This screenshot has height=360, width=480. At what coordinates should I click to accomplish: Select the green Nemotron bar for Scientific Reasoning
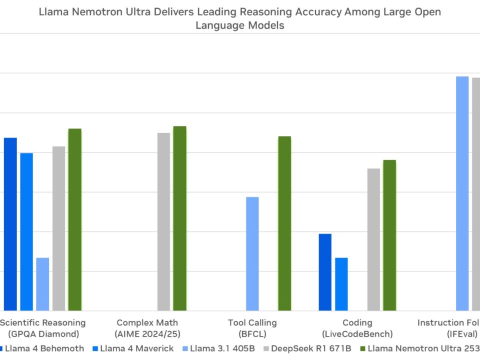75,220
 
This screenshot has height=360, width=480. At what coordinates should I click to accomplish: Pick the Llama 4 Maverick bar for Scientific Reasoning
26,232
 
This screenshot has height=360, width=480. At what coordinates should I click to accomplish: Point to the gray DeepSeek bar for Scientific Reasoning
58,228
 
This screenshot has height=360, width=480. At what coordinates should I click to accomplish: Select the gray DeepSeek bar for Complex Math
163,222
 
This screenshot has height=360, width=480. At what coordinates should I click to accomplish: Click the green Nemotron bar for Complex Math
179,218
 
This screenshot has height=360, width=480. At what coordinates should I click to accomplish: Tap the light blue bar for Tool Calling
252,254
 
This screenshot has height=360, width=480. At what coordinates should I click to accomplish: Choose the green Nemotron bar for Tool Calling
284,223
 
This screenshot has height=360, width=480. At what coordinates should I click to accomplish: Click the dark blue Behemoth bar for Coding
325,272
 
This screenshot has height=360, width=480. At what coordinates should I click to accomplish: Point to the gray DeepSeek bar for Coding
373,239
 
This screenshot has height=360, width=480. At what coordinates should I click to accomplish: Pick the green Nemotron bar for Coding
389,235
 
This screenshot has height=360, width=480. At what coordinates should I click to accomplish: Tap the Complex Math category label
147,328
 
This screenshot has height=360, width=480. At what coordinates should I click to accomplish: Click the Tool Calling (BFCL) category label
252,328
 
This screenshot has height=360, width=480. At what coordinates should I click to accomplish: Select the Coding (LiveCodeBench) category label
357,328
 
